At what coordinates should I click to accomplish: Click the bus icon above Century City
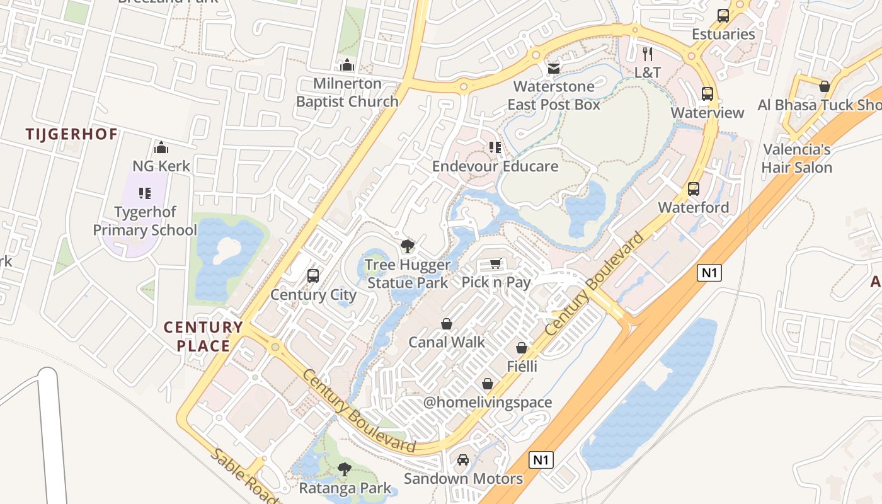click(312, 276)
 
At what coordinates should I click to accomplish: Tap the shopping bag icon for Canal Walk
click(447, 324)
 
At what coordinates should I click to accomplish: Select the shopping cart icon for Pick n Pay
click(496, 264)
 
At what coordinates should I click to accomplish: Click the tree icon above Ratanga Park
click(344, 469)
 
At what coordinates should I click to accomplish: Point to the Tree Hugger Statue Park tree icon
click(408, 246)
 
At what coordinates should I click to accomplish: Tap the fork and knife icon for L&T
click(648, 54)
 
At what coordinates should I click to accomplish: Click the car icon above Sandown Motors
click(463, 460)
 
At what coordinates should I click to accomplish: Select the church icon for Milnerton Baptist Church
click(347, 65)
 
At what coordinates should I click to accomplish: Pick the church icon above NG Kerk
click(161, 147)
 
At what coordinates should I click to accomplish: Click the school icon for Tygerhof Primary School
click(145, 193)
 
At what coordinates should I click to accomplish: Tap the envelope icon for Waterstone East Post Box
click(554, 68)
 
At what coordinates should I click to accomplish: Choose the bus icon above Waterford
click(694, 188)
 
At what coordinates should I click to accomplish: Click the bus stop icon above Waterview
click(707, 94)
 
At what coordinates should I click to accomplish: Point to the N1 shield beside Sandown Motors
click(541, 459)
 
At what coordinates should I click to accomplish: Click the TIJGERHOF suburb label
click(72, 134)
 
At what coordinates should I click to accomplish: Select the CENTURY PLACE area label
click(203, 336)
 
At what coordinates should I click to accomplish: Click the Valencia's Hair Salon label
click(797, 158)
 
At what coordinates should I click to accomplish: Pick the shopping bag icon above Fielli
click(522, 348)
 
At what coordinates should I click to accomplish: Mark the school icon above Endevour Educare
click(495, 147)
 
